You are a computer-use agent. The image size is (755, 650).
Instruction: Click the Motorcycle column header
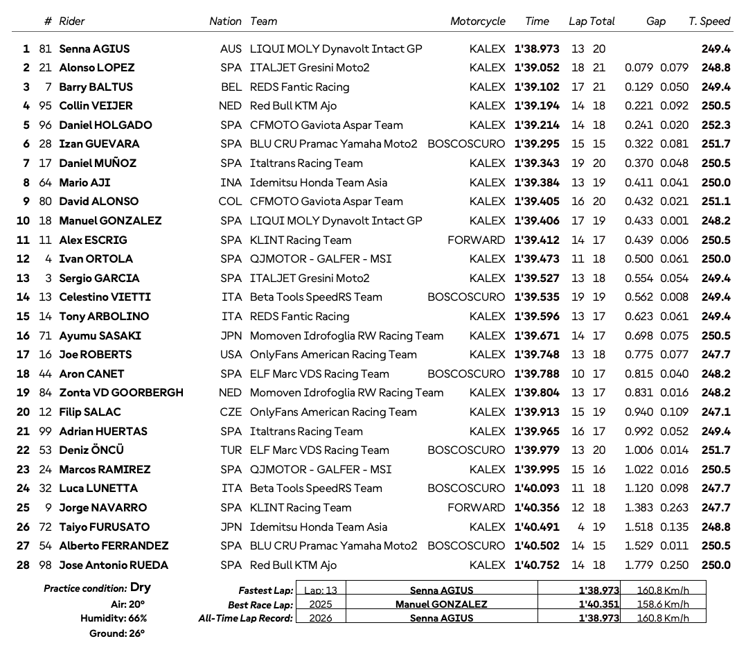477,21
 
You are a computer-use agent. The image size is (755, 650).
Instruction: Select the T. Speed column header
709,21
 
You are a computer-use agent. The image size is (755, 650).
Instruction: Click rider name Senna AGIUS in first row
94,49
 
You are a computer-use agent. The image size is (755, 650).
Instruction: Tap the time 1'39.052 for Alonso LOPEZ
537,68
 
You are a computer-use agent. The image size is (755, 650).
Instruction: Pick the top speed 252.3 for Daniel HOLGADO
716,125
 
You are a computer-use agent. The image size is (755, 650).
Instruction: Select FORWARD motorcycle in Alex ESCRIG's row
477,240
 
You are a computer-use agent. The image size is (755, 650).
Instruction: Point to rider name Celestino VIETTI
105,297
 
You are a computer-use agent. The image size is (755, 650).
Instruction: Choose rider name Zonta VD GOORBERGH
121,393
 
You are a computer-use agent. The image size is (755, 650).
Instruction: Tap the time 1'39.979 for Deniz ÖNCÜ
537,450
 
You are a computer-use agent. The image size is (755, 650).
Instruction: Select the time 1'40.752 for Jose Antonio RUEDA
537,565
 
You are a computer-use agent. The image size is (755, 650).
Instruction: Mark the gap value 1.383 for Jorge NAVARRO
639,508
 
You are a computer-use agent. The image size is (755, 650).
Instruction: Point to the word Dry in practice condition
141,588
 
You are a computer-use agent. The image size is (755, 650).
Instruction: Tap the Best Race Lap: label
260,605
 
